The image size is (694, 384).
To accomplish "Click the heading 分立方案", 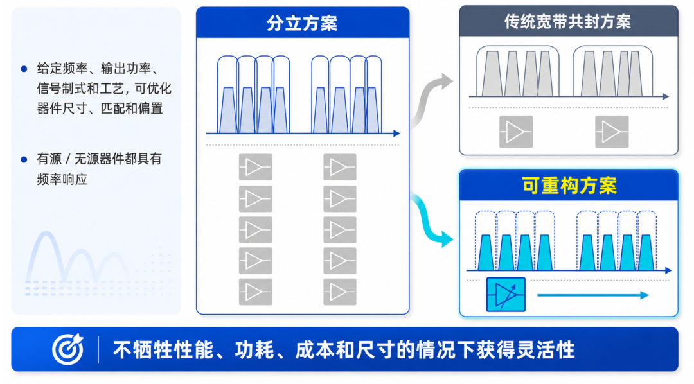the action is click(x=302, y=23).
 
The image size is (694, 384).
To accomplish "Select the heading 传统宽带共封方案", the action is click(x=568, y=22).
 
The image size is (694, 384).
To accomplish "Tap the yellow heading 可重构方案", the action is click(x=569, y=186).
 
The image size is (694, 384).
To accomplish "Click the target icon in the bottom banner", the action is click(x=67, y=349).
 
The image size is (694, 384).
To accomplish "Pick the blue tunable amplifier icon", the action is click(x=506, y=295).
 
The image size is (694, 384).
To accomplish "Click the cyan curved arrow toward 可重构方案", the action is click(x=430, y=220).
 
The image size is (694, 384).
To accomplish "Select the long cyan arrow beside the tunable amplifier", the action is click(x=593, y=295).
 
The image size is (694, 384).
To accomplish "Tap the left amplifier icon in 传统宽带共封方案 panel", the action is click(x=515, y=132).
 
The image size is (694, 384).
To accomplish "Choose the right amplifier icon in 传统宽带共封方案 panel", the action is click(x=612, y=132).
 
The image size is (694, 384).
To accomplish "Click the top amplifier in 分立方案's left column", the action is click(x=255, y=167).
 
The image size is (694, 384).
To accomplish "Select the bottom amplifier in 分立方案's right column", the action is click(x=339, y=292).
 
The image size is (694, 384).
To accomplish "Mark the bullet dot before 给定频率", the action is click(x=24, y=69).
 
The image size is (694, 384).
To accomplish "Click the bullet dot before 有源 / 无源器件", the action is click(x=24, y=159).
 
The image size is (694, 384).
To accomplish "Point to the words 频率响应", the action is click(x=62, y=179).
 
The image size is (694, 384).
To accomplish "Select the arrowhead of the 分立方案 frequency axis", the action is click(x=396, y=133).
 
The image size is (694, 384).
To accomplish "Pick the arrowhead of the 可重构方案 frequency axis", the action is click(x=668, y=270).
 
